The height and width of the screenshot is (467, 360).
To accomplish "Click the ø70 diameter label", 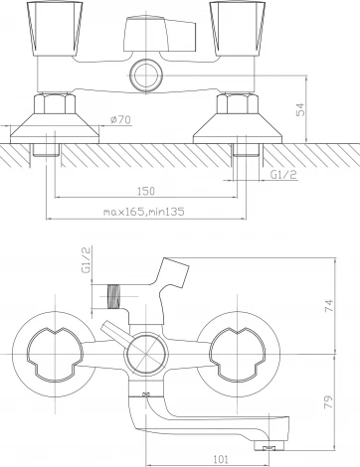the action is click(120, 119).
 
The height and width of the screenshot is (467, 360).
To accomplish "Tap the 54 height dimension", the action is click(300, 109).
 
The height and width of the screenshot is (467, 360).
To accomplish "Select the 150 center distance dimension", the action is click(146, 191).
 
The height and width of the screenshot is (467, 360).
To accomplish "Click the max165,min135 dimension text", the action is click(143, 212).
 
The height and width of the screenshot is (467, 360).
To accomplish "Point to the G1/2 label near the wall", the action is click(283, 174).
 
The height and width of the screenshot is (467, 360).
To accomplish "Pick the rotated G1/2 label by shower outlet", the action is click(87, 259).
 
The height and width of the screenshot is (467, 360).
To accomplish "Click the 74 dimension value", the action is click(328, 305).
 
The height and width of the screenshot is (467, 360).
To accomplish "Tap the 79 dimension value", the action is click(328, 401).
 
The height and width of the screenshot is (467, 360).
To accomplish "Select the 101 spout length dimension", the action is click(221, 459).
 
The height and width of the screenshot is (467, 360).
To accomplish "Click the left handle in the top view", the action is click(55, 28).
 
